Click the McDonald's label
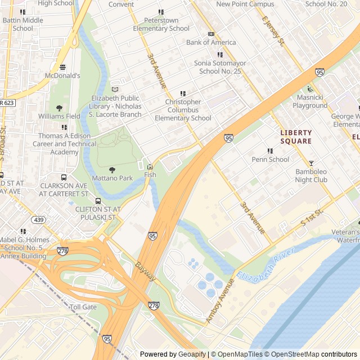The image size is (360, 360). [64, 75]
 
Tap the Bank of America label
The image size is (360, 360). [211, 42]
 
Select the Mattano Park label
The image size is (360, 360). [112, 178]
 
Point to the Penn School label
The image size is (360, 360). [270, 159]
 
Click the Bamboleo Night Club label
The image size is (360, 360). [311, 176]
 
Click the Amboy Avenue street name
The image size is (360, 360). [219, 301]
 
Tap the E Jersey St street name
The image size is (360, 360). [274, 31]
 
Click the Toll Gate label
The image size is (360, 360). [83, 307]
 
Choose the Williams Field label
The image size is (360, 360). [59, 116]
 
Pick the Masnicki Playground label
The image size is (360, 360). [309, 101]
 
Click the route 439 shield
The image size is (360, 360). [38, 219]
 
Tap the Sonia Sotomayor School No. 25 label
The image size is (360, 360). [220, 67]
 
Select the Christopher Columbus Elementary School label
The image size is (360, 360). [183, 110]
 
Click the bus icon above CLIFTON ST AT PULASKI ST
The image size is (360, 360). [98, 201]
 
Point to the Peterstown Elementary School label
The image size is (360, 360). [161, 24]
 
